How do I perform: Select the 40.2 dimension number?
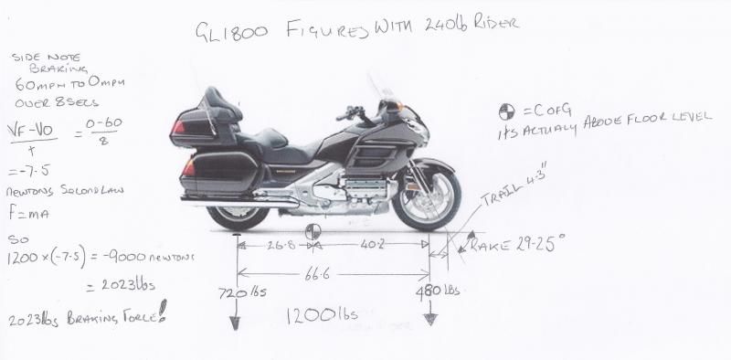pos(371,247)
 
